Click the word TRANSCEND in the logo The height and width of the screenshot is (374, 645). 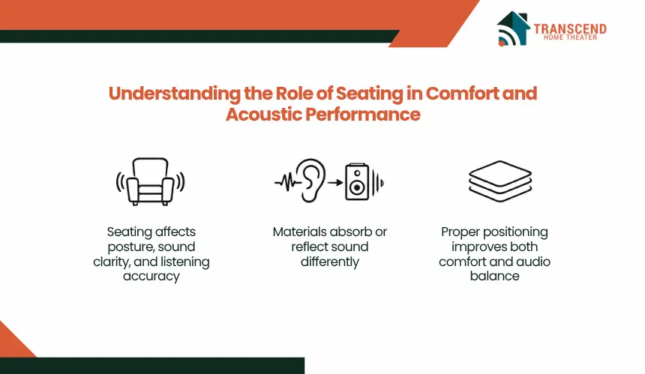[x=569, y=28]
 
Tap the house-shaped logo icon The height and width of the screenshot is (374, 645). [x=513, y=28]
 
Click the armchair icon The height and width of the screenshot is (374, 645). [x=149, y=181]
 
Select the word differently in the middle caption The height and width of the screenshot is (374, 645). [x=330, y=262]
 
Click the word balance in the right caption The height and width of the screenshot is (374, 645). [x=495, y=276]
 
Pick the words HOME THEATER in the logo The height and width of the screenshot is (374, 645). [x=569, y=38]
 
